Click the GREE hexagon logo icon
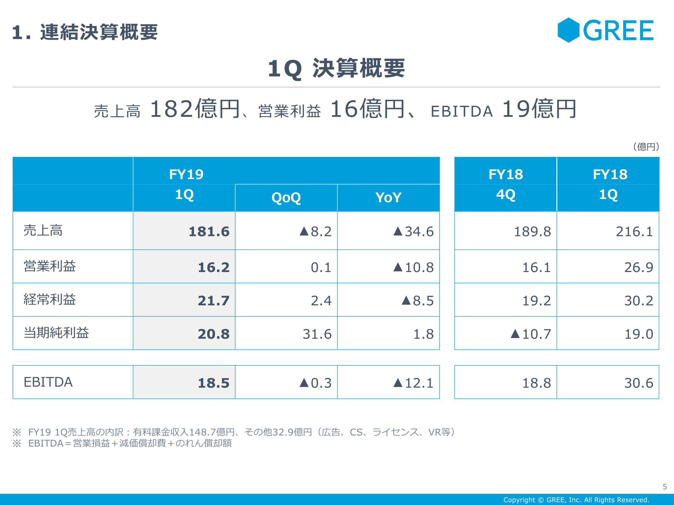point(569,30)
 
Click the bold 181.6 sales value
point(209,232)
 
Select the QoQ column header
point(286,198)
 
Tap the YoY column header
point(388,198)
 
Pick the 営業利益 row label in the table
point(50,266)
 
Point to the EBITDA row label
point(48,382)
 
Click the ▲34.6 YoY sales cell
point(413,232)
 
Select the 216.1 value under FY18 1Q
point(634,232)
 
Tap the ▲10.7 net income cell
point(531,334)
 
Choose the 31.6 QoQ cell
point(317,334)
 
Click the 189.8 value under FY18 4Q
point(532,232)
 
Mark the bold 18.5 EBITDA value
point(213,383)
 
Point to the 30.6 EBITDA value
point(638,383)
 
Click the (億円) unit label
point(646,147)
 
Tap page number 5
point(665,487)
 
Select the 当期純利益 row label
point(56,333)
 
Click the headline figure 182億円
point(195,109)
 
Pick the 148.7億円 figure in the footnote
point(212,432)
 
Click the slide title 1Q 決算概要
point(336,68)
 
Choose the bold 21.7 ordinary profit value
point(213,301)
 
